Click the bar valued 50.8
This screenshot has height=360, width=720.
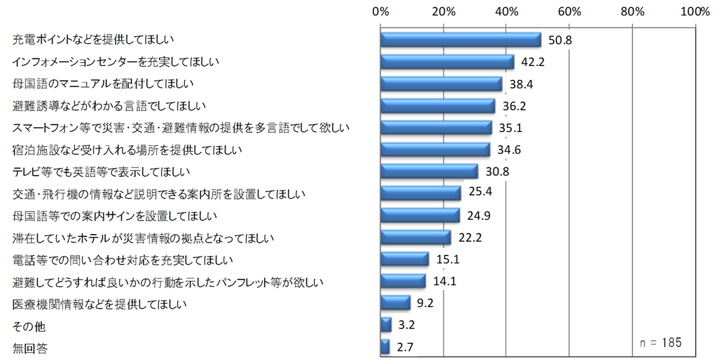461,40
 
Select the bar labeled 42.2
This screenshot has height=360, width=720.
447,62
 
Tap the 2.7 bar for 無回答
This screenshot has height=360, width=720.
385,347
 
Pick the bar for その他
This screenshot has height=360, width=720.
386,325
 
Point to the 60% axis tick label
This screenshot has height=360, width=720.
569,11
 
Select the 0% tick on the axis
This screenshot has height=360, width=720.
380,11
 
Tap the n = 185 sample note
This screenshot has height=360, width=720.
661,343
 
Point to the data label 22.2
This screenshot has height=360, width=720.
470,238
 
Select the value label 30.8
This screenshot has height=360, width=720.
498,172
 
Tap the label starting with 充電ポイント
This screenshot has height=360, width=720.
93,40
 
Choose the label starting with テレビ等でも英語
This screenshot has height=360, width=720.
101,172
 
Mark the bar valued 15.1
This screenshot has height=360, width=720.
405,259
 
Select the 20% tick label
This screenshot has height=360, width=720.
443,11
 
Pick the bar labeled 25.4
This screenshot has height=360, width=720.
421,193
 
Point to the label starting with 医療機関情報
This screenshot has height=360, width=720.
100,304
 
